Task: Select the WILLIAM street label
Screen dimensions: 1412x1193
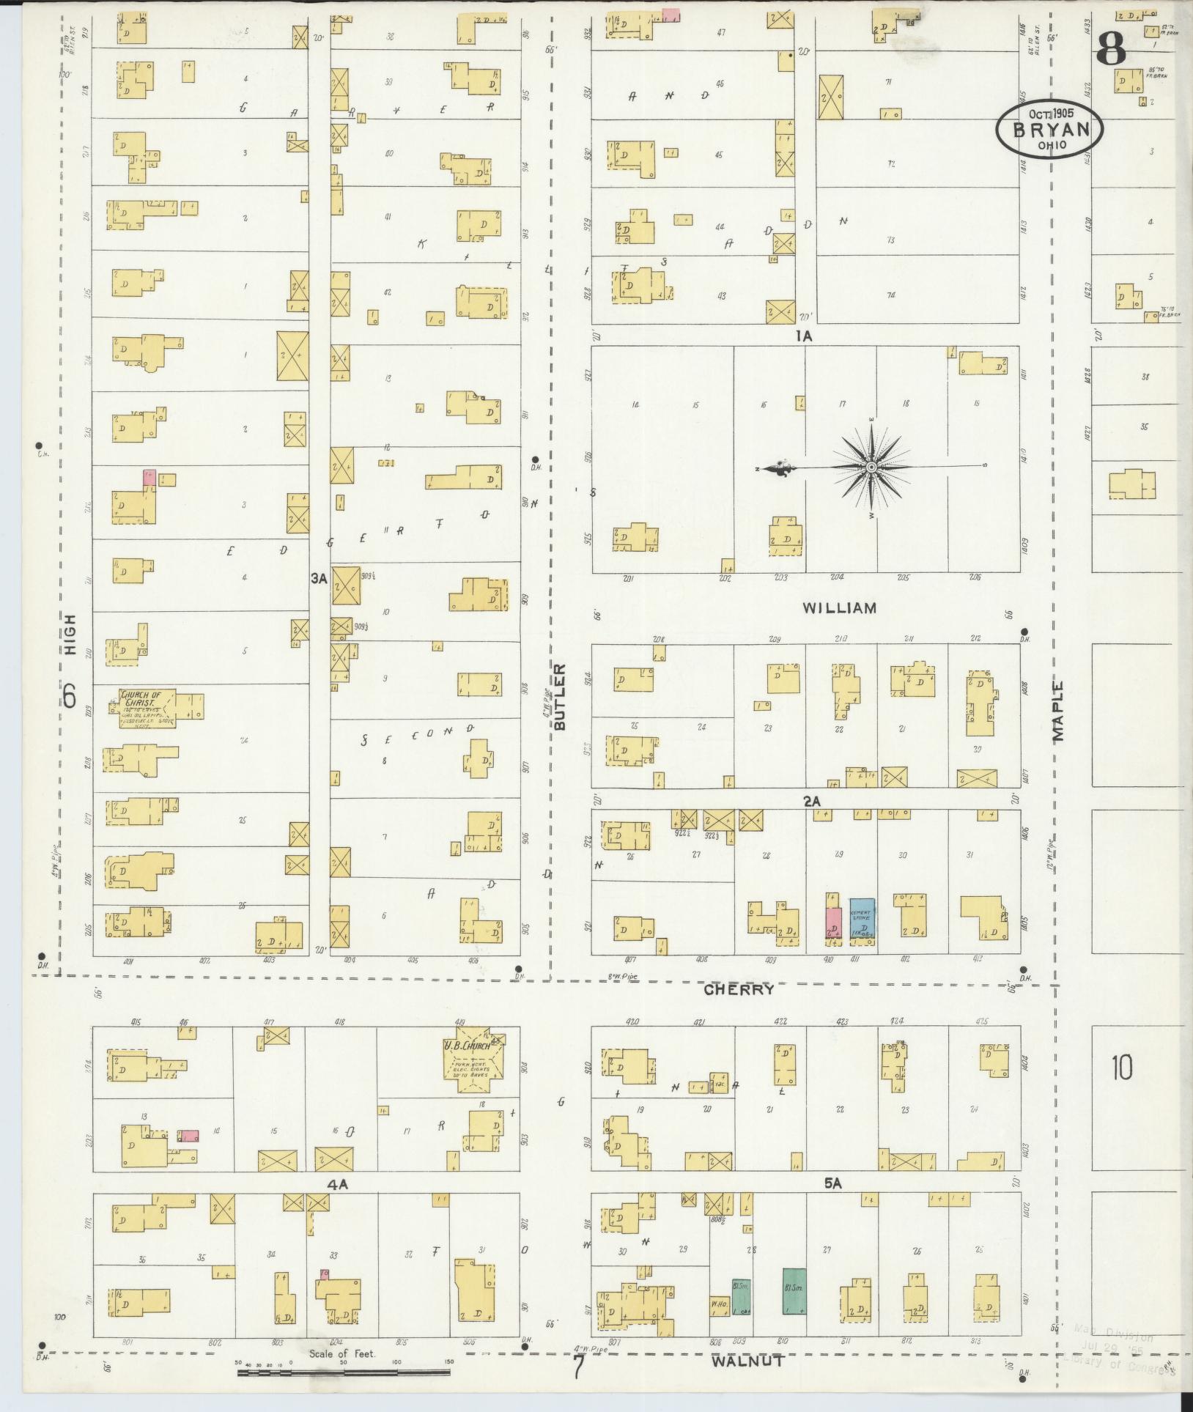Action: tap(839, 607)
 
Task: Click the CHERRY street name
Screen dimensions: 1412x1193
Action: tap(739, 989)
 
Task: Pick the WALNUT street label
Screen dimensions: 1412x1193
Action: tap(748, 1361)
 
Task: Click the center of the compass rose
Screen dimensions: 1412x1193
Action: tap(871, 467)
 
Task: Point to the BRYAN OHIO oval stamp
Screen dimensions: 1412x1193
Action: tap(1049, 129)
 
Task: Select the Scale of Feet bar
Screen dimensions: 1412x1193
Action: tap(344, 1371)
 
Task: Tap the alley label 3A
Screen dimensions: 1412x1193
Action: tap(318, 578)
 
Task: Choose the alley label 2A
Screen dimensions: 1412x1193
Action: tap(811, 802)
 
